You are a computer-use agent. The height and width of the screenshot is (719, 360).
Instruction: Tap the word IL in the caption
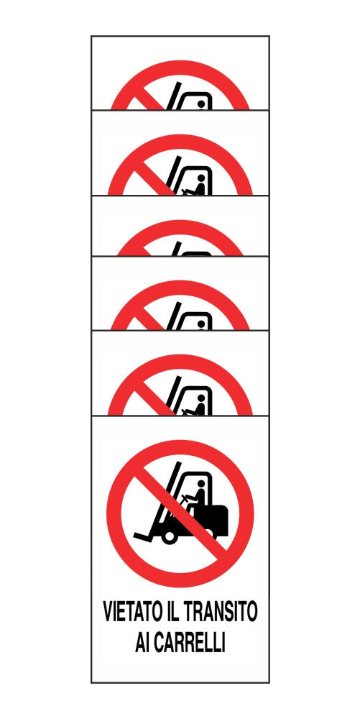[x=176, y=613]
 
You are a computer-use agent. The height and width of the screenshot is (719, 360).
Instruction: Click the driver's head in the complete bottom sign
[x=202, y=482]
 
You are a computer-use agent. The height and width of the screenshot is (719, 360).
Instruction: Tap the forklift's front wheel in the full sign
[x=170, y=535]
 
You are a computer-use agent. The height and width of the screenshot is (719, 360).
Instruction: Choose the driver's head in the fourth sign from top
[x=202, y=323]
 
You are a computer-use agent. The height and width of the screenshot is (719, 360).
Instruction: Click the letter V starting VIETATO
[x=109, y=613]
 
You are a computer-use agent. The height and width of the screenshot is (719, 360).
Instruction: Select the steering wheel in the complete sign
[x=186, y=498]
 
